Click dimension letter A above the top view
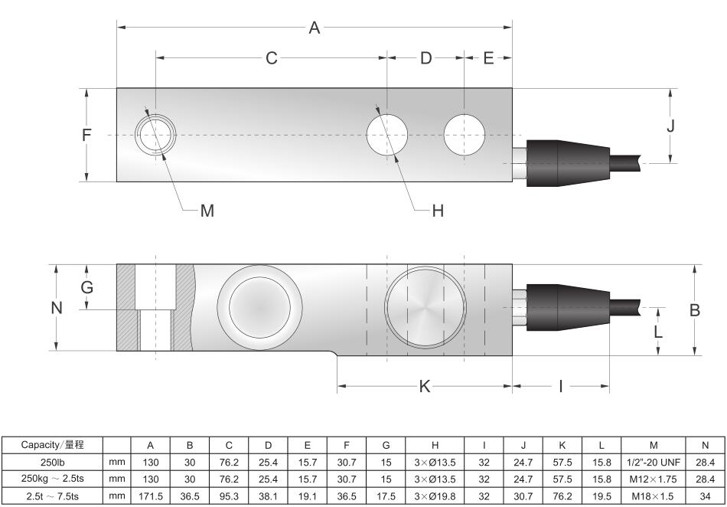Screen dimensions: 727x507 coord(315,28)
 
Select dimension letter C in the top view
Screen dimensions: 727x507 coord(272,58)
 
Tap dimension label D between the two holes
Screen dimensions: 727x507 coord(426,58)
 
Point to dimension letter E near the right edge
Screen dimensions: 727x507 coord(488,58)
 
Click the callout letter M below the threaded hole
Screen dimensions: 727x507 coord(207,211)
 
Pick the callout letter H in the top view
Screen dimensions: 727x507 coord(438,211)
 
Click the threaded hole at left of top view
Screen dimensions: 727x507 coord(155,135)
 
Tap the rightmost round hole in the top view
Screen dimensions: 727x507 coord(464,135)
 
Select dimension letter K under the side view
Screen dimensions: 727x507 coord(425,386)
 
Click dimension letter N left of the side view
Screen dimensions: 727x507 coord(57,308)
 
